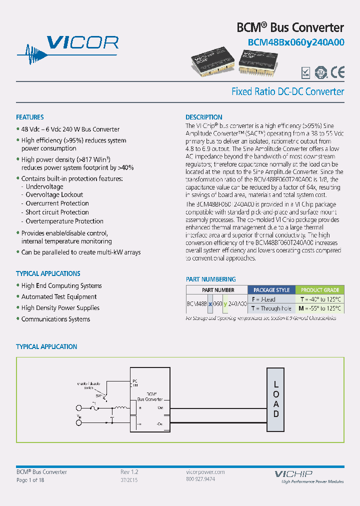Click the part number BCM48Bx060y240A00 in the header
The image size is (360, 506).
click(x=296, y=42)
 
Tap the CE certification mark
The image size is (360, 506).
click(x=337, y=73)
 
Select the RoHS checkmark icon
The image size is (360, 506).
click(x=305, y=73)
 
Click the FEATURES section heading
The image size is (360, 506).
click(x=30, y=117)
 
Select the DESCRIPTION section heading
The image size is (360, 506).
click(x=204, y=117)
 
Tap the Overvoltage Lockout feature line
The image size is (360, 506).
click(x=54, y=195)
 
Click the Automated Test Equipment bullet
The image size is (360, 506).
click(x=59, y=297)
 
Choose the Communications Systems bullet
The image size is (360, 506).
click(x=55, y=319)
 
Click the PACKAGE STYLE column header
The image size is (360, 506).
click(x=271, y=290)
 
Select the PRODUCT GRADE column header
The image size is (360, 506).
click(x=320, y=290)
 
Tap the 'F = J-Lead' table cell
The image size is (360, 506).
click(x=263, y=299)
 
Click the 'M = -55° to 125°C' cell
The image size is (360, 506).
click(x=320, y=308)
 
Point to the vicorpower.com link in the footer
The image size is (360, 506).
click(x=202, y=472)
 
